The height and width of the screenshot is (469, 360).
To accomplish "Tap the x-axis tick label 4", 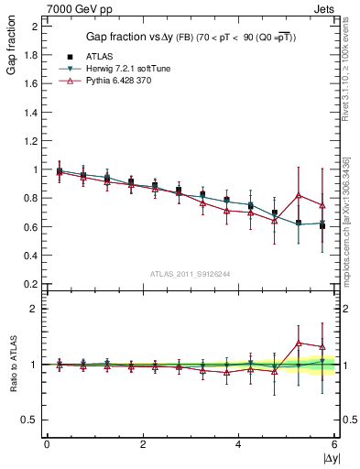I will click(238, 444).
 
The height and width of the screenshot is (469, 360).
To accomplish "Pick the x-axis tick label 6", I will click(333, 444).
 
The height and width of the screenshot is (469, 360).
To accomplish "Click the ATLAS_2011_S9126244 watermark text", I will click(191, 274).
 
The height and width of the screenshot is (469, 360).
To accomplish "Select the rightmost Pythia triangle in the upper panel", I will click(322, 205).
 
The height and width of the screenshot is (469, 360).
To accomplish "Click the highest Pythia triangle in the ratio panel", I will click(298, 343).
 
